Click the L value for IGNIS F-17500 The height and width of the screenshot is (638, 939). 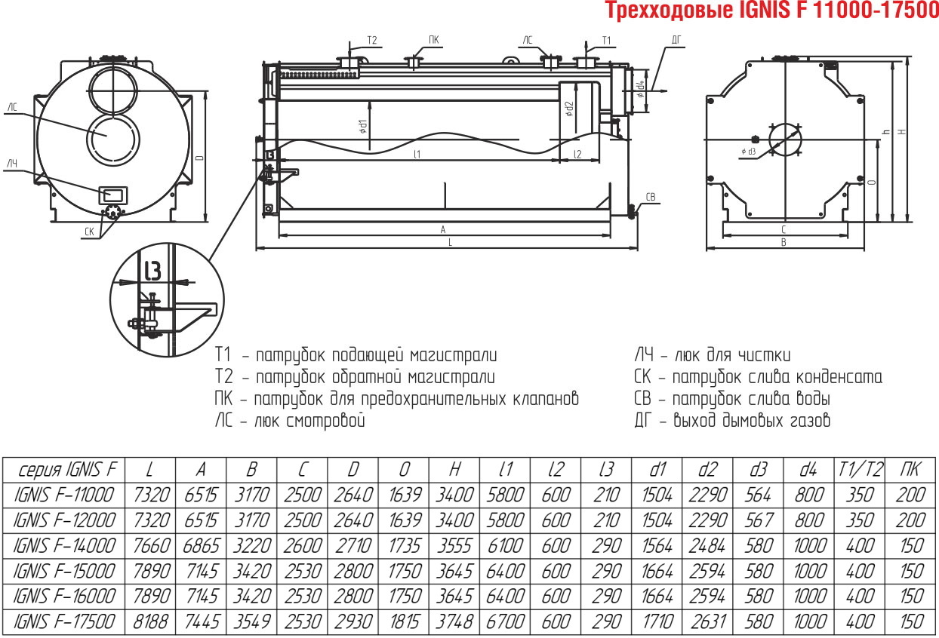pos(150,622)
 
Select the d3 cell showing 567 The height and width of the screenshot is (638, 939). pos(759,520)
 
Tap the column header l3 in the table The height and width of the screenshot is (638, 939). pos(606,470)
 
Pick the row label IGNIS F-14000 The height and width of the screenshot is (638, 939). pos(64,546)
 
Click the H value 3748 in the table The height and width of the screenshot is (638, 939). pos(455,622)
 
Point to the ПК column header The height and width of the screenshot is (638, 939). pos(910,470)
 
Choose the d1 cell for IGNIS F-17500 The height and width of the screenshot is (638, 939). pos(657,622)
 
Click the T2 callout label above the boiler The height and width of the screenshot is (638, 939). pos(372,40)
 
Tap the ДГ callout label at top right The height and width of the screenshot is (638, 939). pos(676,40)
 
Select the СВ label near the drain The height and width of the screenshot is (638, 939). pos(650,197)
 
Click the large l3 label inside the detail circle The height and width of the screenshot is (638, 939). pos(153,270)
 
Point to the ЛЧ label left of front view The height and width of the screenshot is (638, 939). pos(12,163)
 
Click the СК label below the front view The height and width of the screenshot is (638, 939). pos(89,232)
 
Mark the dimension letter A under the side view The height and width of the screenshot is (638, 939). pos(442,229)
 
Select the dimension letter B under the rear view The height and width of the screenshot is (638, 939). pos(784,242)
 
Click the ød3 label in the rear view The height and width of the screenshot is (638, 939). pos(749,152)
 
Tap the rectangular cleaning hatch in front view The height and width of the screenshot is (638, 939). pos(112,195)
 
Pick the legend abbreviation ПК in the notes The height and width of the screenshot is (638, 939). pos(223,398)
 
